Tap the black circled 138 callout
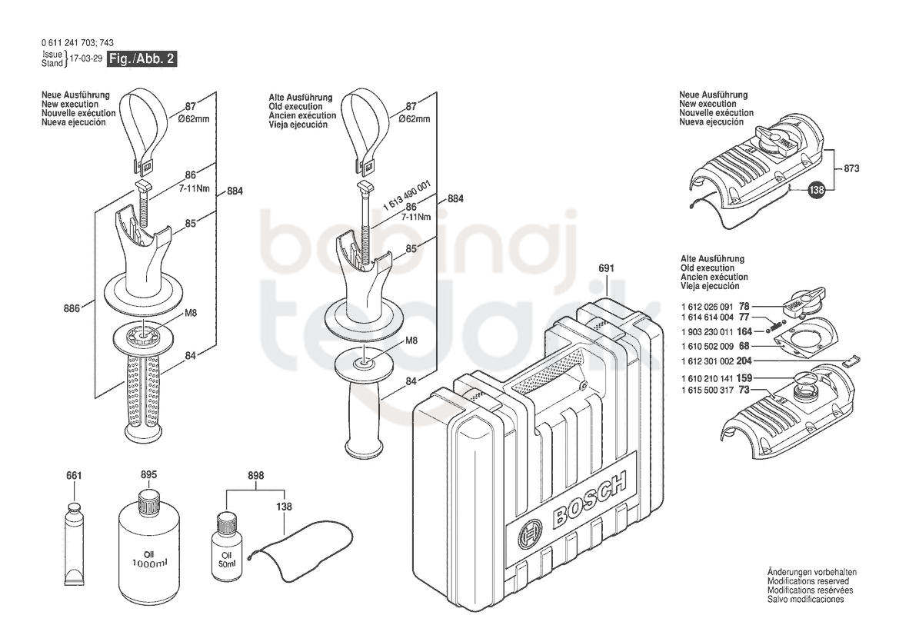tap(817, 190)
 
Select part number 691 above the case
tap(606, 268)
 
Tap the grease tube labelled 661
tap(73, 544)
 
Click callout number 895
tap(148, 475)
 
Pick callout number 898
tap(256, 476)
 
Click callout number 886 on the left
tap(72, 309)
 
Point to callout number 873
tap(851, 168)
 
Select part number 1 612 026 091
tap(707, 308)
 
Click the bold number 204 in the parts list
tap(744, 361)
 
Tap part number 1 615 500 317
tap(707, 391)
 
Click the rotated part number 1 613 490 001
tap(407, 197)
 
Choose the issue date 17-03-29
tap(85, 58)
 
